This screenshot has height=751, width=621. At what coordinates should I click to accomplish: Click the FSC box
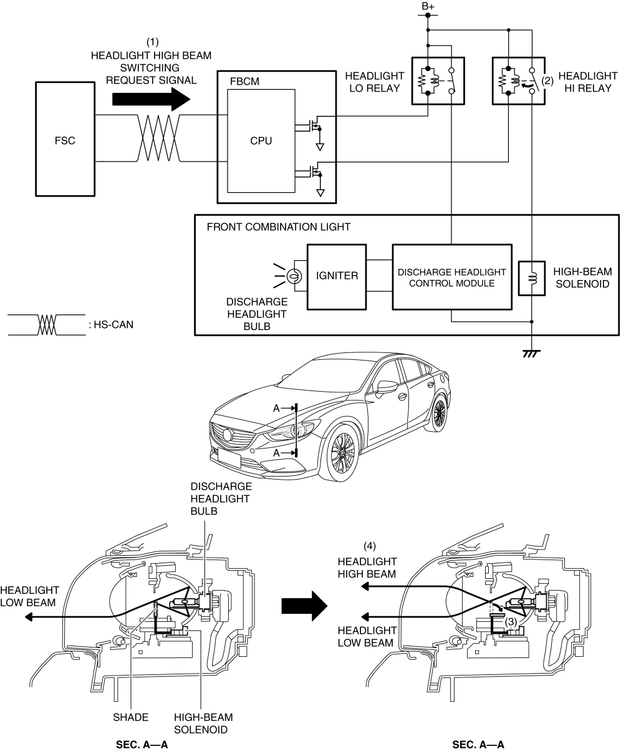[x=65, y=139]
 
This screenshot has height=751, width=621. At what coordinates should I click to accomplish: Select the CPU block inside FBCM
[x=261, y=140]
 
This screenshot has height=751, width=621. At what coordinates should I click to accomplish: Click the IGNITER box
[x=337, y=277]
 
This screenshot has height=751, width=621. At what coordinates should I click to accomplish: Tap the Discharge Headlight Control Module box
[x=452, y=277]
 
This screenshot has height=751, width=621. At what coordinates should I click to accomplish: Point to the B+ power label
[x=428, y=6]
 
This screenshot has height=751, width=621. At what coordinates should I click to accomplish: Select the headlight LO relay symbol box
[x=438, y=81]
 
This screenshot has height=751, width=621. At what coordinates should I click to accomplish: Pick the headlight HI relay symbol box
[x=519, y=81]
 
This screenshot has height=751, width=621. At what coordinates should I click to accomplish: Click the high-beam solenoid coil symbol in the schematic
[x=532, y=278]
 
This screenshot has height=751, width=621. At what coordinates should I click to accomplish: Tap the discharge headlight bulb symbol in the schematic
[x=294, y=276]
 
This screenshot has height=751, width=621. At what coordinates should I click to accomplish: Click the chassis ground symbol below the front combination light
[x=531, y=354]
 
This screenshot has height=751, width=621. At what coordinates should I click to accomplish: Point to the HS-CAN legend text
[x=111, y=325]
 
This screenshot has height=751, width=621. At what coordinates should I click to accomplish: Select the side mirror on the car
[x=387, y=387]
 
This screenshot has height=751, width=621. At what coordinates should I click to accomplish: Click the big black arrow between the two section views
[x=304, y=606]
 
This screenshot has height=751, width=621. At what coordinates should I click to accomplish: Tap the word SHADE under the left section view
[x=130, y=717]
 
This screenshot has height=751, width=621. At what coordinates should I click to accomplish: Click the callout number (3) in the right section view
[x=511, y=622]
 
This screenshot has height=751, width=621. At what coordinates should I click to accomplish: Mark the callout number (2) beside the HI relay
[x=547, y=81]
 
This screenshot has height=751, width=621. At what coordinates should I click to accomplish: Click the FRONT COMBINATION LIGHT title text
[x=278, y=227]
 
